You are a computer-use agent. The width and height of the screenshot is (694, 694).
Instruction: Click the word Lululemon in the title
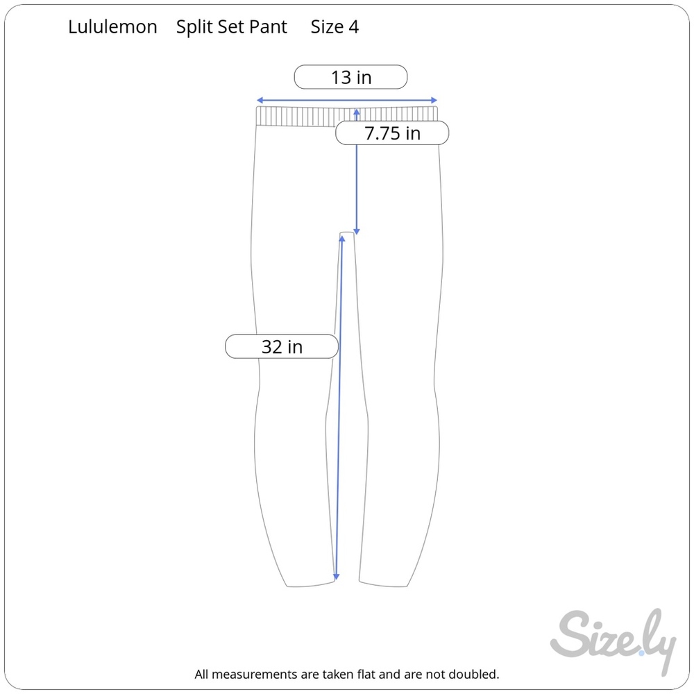coord(112,27)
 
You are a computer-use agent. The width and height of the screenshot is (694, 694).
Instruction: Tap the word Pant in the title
coord(268,27)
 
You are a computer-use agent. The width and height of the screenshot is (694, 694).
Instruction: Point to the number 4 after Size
coord(353,27)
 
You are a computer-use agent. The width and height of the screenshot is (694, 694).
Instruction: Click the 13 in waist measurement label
coord(351,77)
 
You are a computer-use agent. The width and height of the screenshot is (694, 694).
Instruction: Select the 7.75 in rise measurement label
coord(392,133)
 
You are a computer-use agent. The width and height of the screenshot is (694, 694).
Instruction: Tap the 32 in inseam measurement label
coord(282,346)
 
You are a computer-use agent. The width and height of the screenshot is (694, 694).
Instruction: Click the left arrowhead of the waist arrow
coord(260,101)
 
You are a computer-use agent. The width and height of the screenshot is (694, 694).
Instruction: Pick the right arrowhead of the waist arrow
coord(434,101)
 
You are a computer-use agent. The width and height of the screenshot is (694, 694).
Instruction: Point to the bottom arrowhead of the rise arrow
coord(357,232)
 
